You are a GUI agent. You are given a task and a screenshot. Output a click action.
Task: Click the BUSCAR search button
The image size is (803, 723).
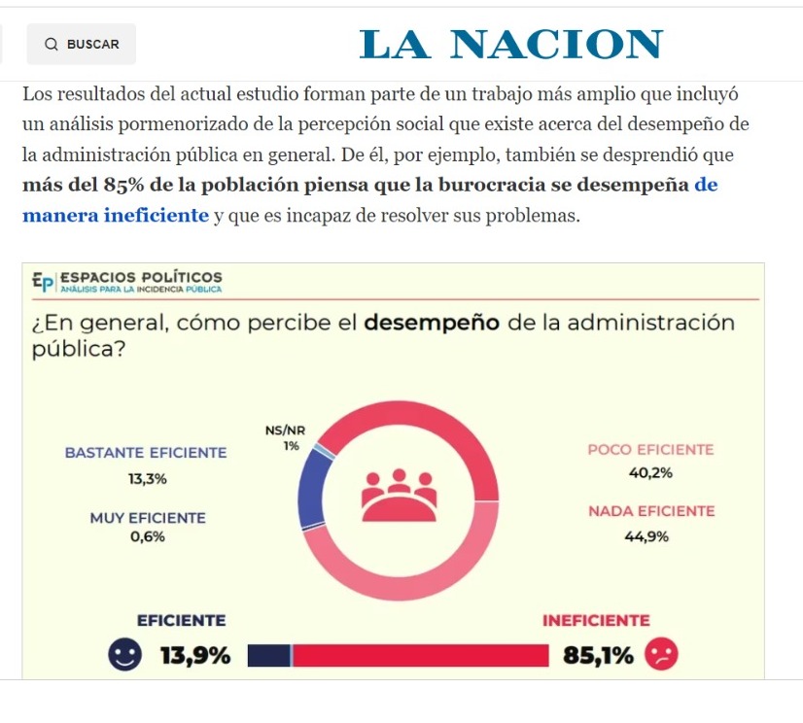82,44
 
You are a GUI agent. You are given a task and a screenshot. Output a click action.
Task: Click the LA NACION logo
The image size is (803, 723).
511,44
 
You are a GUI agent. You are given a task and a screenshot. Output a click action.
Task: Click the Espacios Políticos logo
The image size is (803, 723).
127,281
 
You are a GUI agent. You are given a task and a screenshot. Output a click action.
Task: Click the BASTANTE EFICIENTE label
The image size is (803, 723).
146,452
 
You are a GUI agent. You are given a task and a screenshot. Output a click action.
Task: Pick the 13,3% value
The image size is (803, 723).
147,478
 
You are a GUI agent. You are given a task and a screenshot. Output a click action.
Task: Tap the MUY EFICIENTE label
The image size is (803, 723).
148,518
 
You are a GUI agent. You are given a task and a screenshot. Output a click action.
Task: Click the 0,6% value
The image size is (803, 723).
148,536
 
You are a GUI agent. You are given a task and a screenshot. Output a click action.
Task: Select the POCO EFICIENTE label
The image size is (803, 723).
650,450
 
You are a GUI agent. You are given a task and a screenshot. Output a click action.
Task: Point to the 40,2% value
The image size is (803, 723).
650,473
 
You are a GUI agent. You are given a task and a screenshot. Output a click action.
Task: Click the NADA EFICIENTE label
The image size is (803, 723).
650,511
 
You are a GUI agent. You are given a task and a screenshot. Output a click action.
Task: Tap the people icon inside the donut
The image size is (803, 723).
400,494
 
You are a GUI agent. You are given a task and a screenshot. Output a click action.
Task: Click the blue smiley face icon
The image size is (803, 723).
124,655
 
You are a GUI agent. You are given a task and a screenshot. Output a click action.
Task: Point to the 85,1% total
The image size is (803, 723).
597,656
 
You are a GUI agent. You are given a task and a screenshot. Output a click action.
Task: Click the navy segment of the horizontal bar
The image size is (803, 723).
269,656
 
